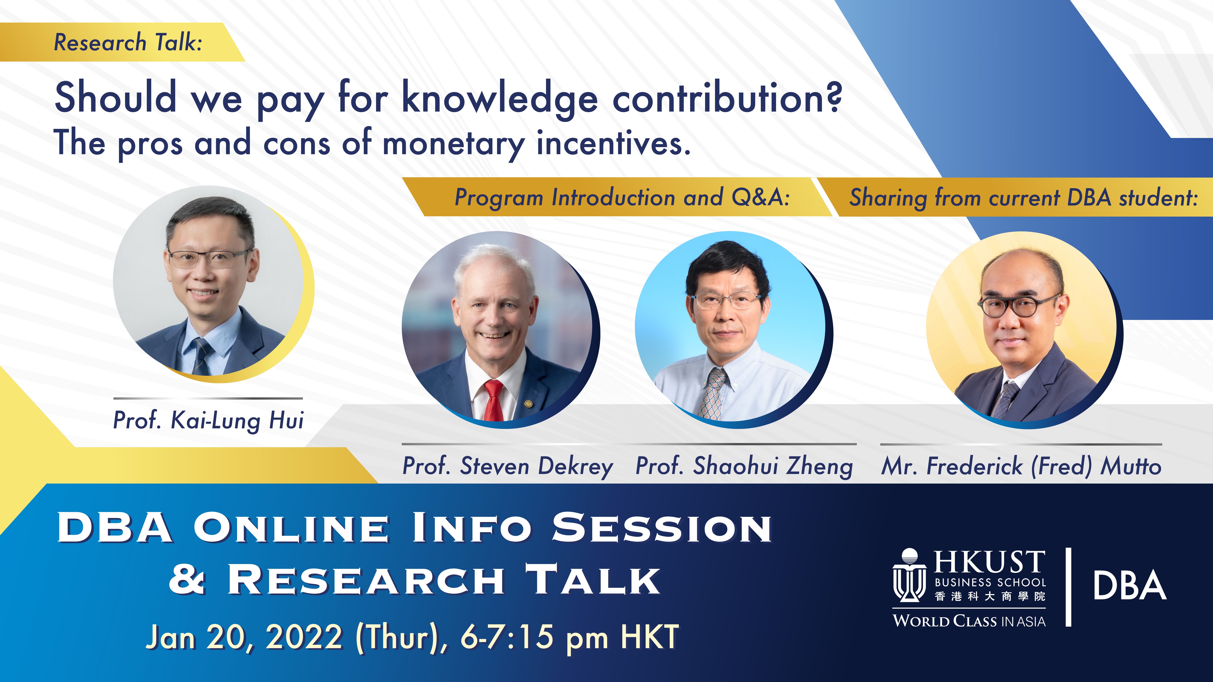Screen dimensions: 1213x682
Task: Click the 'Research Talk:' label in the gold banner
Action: coord(128,42)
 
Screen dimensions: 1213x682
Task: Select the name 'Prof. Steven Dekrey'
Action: coord(508,466)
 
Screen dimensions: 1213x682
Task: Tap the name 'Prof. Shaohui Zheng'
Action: coord(744,466)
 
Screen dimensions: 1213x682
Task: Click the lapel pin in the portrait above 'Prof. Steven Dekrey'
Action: coord(528,403)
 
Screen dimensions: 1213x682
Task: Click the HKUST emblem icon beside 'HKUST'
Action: coord(909,575)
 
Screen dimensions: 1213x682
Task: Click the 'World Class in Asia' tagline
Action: coord(969,621)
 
